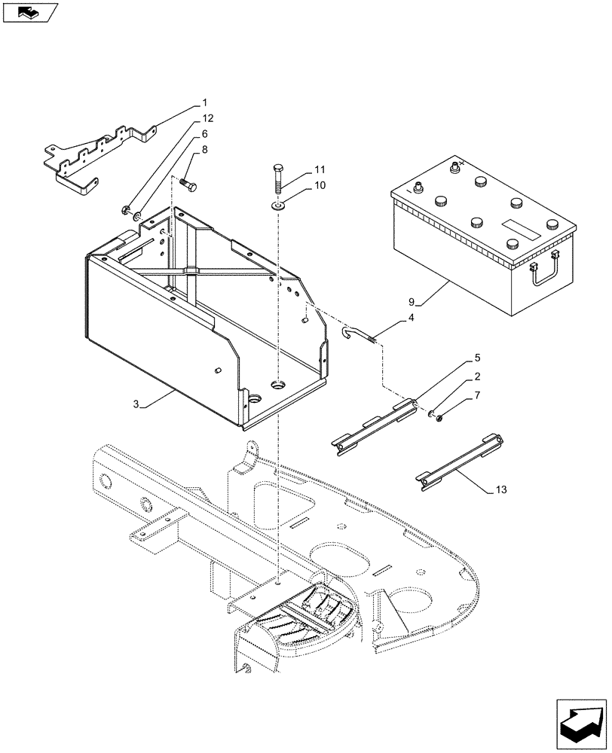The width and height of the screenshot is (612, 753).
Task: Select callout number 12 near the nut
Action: pos(207,118)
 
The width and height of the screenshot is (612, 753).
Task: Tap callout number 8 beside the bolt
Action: pos(203,151)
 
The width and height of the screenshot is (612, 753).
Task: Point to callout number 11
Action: pos(320,169)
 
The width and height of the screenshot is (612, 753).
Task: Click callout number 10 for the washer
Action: pos(320,184)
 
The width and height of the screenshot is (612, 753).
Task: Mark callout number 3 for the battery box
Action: pos(136,404)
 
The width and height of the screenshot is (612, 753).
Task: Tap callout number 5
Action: pos(478,358)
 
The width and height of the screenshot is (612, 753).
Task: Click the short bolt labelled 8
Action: pos(189,184)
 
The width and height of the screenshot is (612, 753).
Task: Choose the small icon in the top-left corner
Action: pos(29,12)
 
